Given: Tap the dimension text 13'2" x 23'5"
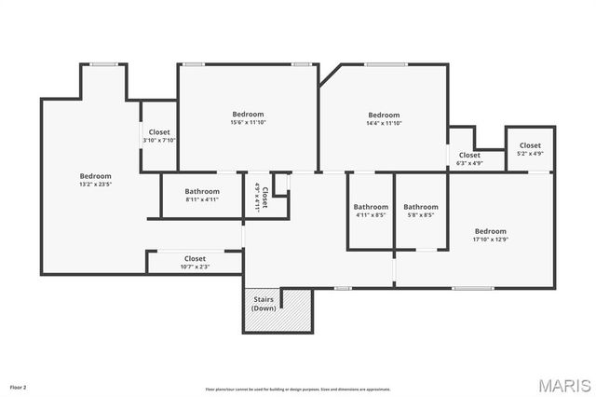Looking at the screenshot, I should click(95, 185).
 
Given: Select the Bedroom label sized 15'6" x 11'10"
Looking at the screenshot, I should click(248, 114).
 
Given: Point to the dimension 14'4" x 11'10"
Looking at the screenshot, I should click(384, 123).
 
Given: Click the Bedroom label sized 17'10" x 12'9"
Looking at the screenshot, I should click(490, 231).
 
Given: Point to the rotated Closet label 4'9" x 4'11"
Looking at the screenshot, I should click(261, 198).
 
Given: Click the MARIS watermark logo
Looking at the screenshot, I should click(562, 384).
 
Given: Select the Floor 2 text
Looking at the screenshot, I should click(19, 386).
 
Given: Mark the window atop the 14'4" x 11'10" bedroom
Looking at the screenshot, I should click(386, 64).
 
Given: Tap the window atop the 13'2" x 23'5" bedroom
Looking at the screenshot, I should click(102, 64).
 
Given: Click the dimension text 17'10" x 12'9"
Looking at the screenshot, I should click(490, 240).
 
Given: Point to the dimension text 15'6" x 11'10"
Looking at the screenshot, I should click(248, 123).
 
